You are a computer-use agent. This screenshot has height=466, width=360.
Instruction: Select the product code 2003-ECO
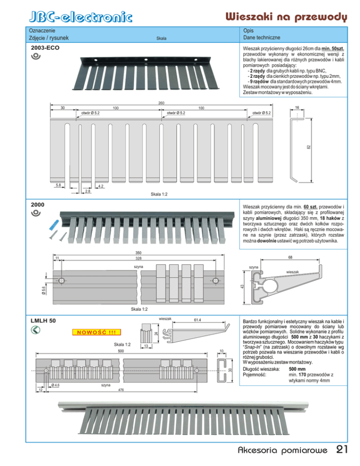pos(45,48)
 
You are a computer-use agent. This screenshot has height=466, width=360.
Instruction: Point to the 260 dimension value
pos(161,103)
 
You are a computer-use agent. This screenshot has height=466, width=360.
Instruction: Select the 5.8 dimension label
pos(59,186)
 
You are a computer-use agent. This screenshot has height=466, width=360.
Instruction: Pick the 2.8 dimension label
pos(88,192)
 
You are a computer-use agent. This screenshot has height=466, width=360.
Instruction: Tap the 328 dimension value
pos(139,258)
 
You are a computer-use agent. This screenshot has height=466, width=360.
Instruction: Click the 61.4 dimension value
pos(197,320)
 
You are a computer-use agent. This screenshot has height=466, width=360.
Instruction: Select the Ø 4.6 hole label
pos(55,385)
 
